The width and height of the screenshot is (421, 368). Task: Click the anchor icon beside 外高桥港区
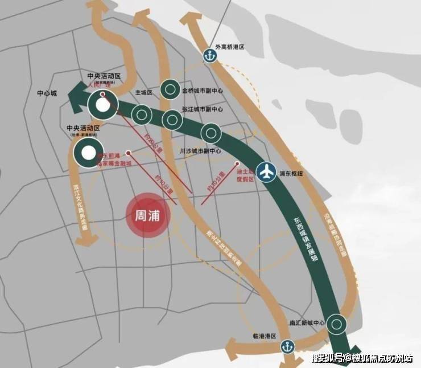[x=209, y=55]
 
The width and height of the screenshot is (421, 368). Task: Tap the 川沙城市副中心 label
[x=199, y=152]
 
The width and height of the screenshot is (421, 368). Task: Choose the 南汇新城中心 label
[x=307, y=323]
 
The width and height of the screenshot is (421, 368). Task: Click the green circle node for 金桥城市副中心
[x=170, y=89]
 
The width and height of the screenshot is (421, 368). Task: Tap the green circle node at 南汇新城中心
[x=337, y=324]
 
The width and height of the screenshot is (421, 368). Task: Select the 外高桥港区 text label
[x=230, y=48]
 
